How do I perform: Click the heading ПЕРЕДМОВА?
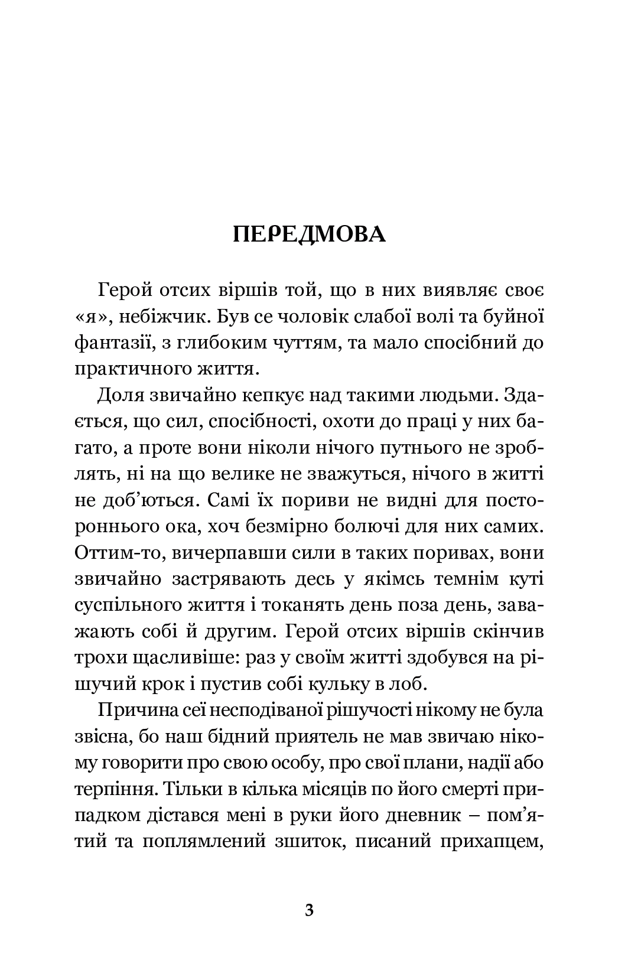tap(310, 235)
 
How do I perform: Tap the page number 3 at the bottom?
tap(310, 910)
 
